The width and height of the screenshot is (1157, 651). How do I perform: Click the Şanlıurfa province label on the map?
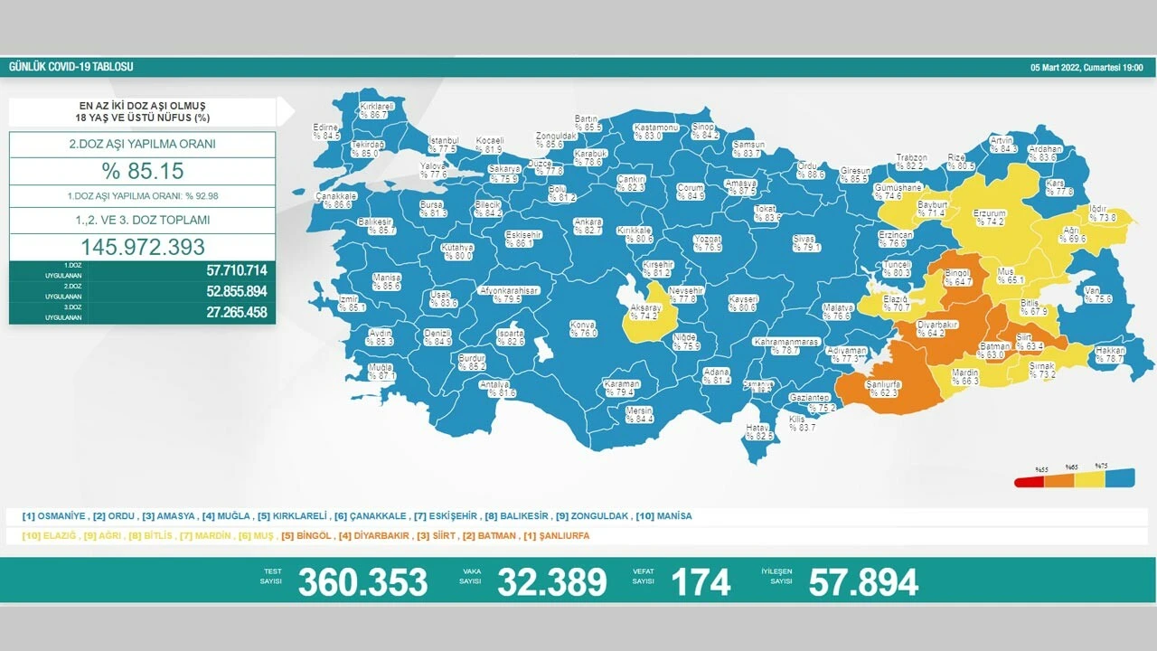[883, 388]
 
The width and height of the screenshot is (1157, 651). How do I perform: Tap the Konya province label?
[583, 329]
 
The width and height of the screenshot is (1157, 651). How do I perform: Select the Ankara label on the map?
[588, 226]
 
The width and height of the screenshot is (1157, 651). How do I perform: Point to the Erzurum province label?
[989, 217]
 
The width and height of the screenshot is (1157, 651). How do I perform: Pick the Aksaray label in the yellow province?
[645, 313]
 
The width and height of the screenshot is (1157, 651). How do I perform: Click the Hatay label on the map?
[757, 432]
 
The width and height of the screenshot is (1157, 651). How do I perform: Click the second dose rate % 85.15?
[143, 171]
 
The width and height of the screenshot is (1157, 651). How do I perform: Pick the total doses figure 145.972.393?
[143, 247]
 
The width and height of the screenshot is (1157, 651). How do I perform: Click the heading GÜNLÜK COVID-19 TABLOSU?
[71, 68]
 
